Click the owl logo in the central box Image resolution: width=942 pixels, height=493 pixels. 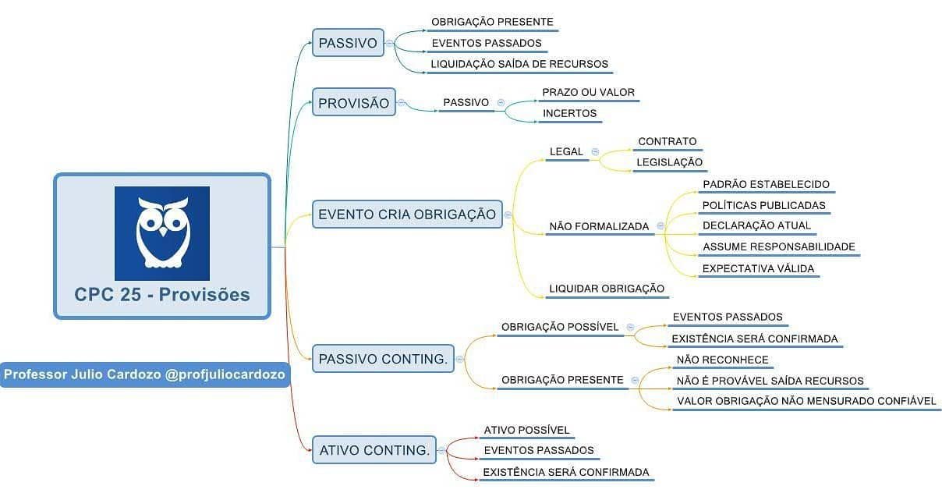(x=162, y=233)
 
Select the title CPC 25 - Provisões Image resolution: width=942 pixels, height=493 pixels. (x=162, y=294)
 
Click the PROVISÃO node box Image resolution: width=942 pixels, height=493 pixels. (x=353, y=103)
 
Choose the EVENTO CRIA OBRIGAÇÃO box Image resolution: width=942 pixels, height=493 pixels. (x=407, y=214)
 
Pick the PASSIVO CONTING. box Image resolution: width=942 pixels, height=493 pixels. (x=383, y=359)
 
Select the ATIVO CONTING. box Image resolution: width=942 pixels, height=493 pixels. (x=374, y=450)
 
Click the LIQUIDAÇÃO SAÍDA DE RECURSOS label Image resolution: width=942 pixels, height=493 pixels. (x=519, y=64)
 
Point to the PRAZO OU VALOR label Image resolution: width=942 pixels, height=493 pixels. (x=588, y=92)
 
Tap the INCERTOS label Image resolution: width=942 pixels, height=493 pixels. (x=569, y=113)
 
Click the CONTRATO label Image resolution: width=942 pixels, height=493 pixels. (x=667, y=141)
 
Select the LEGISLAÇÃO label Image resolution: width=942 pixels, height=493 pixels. (x=670, y=162)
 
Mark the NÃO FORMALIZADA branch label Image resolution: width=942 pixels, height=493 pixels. (x=599, y=226)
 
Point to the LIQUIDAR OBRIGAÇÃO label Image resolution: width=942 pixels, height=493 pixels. (x=607, y=289)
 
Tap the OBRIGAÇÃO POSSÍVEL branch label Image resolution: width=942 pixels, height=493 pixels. (x=560, y=327)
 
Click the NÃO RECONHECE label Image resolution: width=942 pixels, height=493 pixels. (x=723, y=360)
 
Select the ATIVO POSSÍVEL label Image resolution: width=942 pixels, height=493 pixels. (x=526, y=430)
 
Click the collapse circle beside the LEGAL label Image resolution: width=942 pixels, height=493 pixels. (x=595, y=151)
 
